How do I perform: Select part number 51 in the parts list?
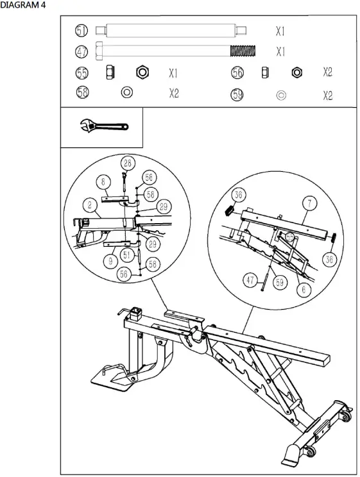tap(82, 31)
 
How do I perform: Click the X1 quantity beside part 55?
tap(174, 72)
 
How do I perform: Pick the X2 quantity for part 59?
tap(328, 95)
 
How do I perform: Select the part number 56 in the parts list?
tap(237, 72)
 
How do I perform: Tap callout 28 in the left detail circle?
tap(127, 163)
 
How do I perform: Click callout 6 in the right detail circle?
tap(305, 289)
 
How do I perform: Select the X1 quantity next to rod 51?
tap(280, 31)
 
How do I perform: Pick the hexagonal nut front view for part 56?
tap(296, 72)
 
